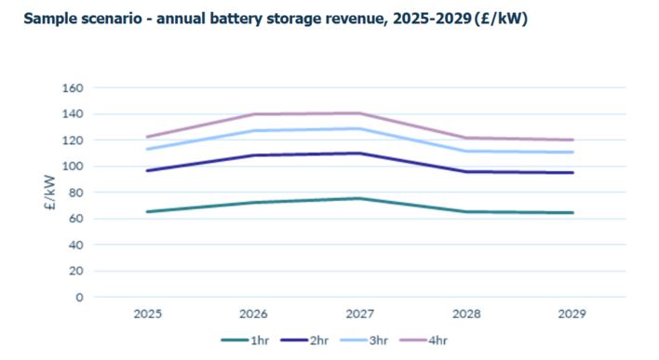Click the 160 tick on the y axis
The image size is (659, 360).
pyautogui.click(x=73, y=87)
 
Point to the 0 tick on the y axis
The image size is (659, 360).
pyautogui.click(x=79, y=298)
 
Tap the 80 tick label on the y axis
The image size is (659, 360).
pyautogui.click(x=75, y=193)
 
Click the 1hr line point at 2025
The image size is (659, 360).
pyautogui.click(x=147, y=212)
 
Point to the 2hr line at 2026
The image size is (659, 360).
pyautogui.click(x=253, y=155)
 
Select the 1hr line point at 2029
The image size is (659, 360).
pyautogui.click(x=572, y=213)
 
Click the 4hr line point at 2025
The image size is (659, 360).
pyautogui.click(x=147, y=137)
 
